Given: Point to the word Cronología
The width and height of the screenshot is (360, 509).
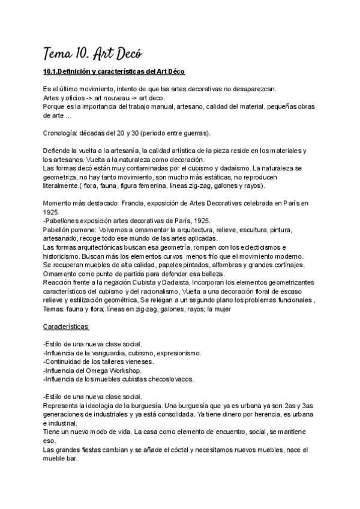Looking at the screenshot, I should pos(63,132).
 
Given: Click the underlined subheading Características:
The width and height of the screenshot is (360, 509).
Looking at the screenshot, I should pos(66,327).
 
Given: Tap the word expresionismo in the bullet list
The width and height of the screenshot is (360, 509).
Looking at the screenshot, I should pos(174,353).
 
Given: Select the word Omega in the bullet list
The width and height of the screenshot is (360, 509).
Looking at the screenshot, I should pos(101,370).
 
